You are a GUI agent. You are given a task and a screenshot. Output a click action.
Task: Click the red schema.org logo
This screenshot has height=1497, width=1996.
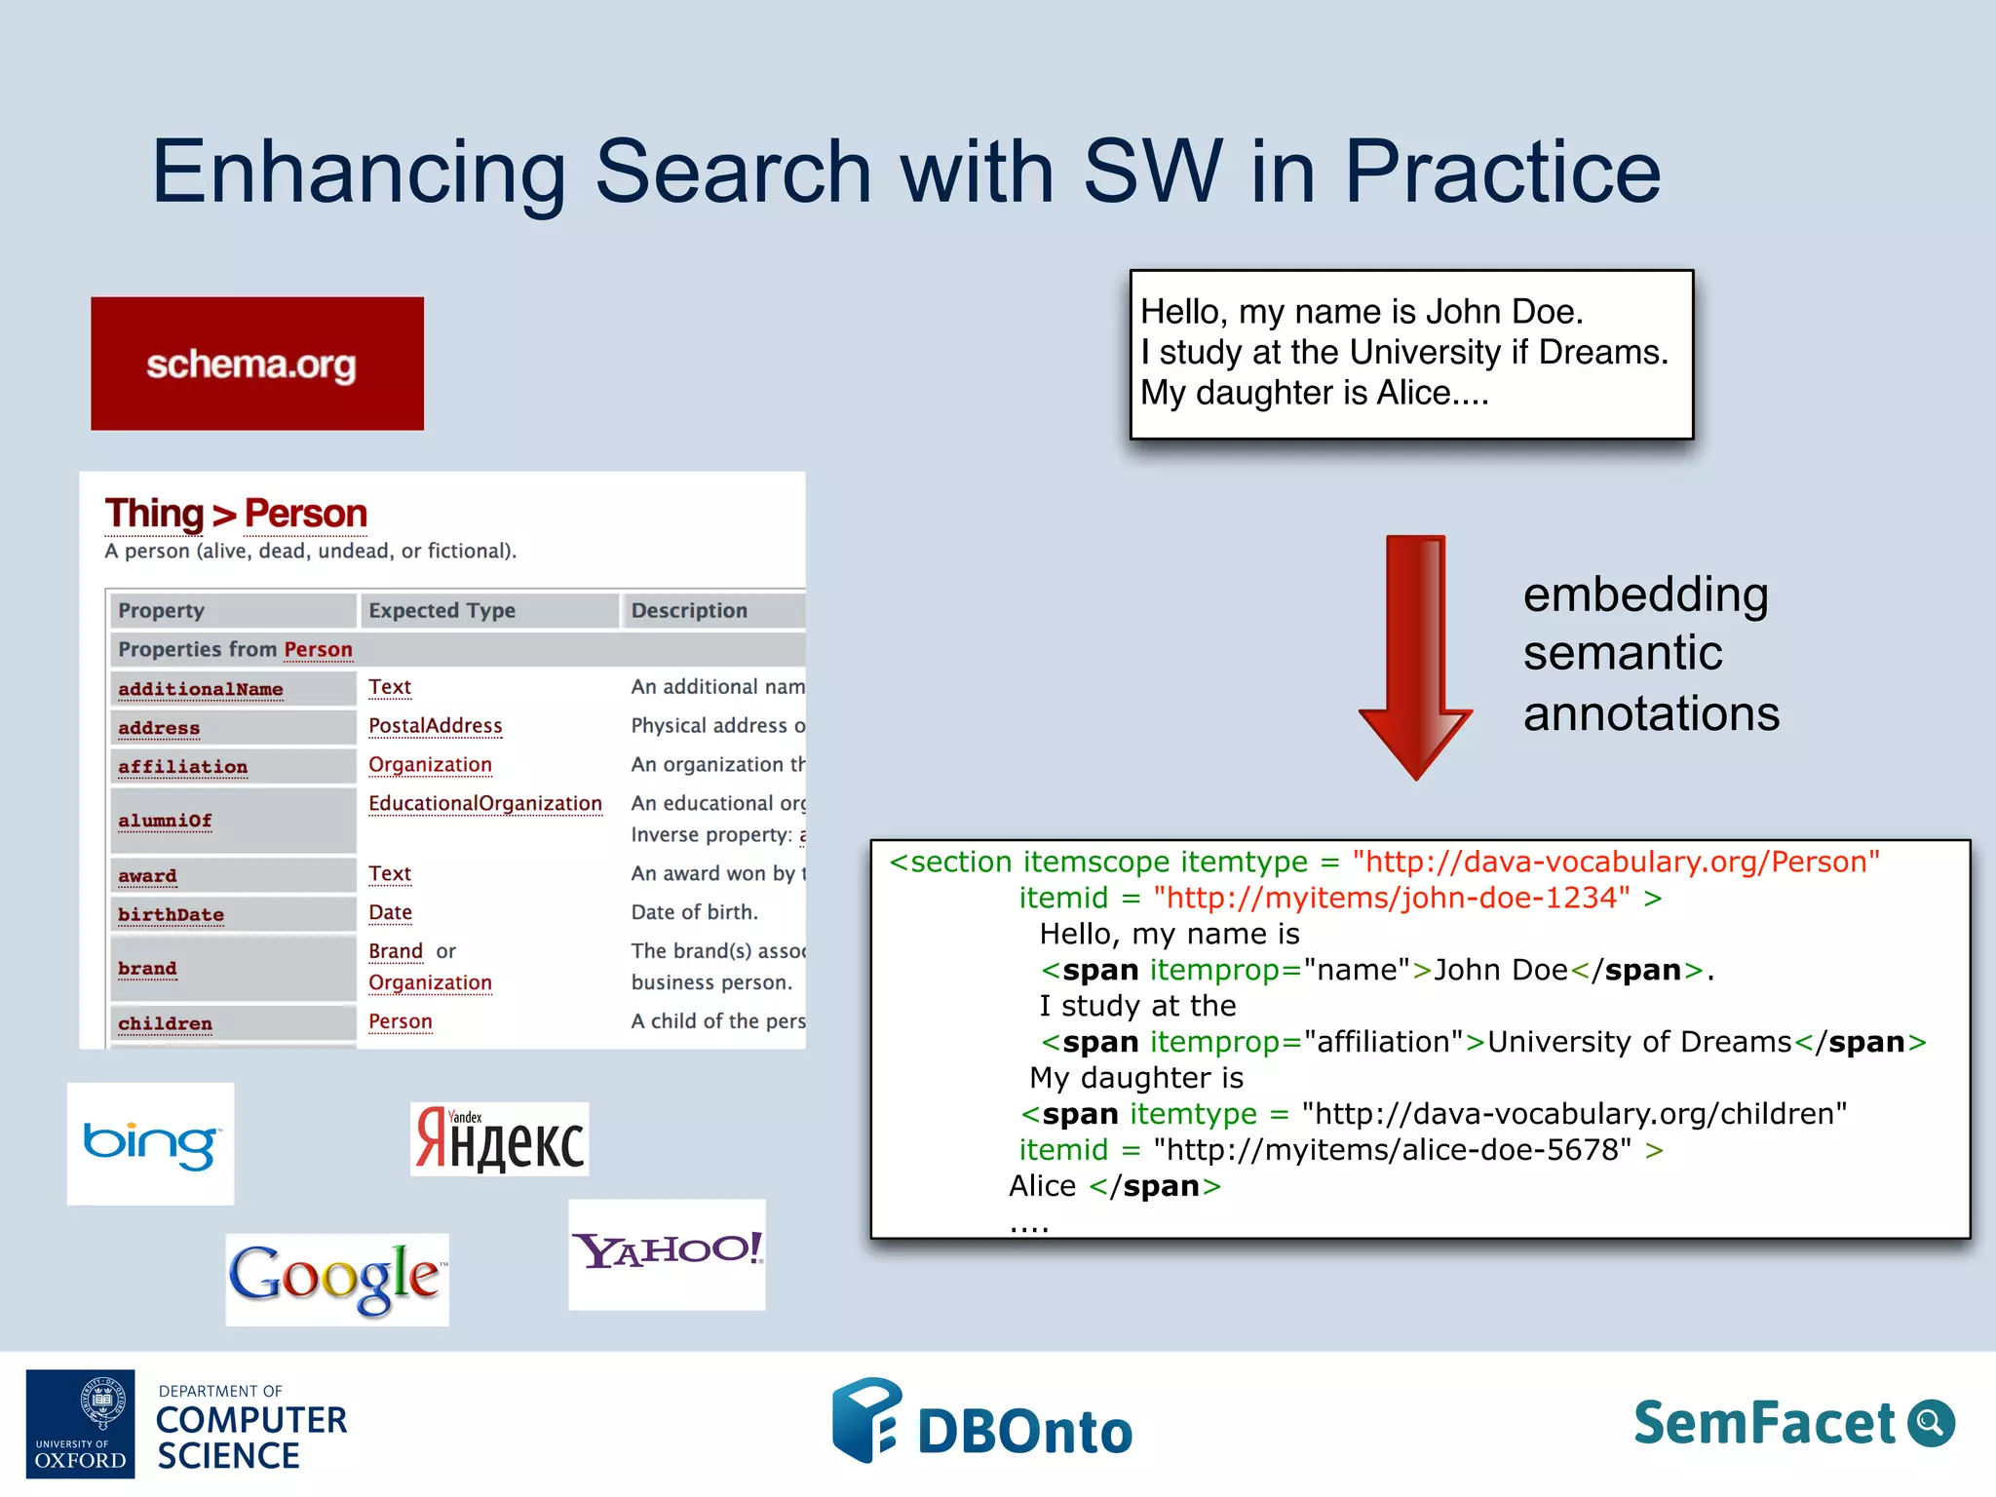[256, 364]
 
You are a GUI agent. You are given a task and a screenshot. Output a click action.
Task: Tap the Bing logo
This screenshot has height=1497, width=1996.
[150, 1143]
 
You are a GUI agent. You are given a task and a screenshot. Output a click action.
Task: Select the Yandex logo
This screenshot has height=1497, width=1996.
[499, 1139]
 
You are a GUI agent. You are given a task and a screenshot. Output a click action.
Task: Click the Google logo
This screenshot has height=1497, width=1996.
[336, 1278]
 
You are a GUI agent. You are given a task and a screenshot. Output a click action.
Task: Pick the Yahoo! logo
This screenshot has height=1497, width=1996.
[667, 1253]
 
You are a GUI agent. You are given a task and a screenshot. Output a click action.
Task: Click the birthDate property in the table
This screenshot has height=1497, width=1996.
[171, 914]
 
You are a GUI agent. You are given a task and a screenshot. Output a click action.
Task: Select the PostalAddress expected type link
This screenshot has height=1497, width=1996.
[435, 725]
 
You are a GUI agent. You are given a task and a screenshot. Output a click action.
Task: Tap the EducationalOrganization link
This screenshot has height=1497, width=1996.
[484, 803]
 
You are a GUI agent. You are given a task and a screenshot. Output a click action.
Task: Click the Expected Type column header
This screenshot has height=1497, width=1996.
[441, 610]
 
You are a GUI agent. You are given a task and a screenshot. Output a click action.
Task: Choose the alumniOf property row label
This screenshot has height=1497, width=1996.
[165, 821]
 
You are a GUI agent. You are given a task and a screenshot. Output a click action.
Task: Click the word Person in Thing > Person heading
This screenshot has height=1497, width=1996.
[305, 514]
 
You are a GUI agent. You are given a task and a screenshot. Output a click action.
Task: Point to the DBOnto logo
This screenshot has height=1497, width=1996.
[982, 1423]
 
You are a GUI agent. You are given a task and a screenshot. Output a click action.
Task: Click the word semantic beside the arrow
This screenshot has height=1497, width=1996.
[1622, 653]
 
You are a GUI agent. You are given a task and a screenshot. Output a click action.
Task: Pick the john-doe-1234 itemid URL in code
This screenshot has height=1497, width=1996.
[1391, 898]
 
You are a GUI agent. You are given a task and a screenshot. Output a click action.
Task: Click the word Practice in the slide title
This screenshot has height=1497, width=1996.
[1502, 172]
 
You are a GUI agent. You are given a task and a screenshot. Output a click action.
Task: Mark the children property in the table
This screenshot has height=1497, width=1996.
[165, 1023]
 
